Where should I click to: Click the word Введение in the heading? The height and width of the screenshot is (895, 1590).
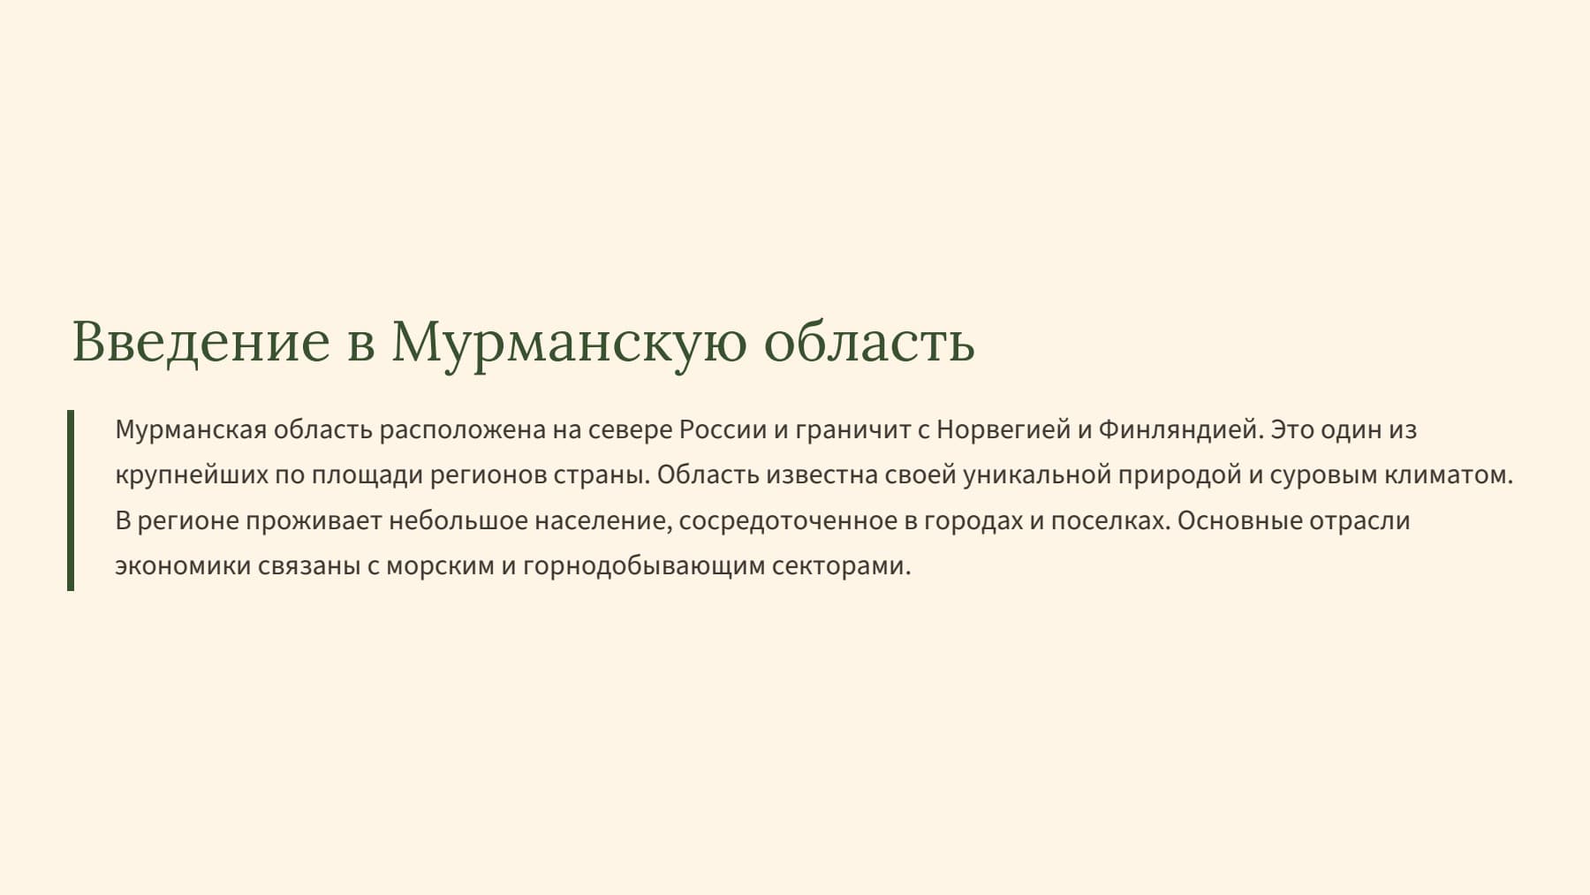[x=201, y=342]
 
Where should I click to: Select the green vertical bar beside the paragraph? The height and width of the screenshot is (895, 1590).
[x=71, y=500]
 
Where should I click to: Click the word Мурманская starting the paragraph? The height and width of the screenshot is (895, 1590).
[x=191, y=430]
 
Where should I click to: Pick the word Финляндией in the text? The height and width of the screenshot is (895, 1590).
[x=1180, y=430]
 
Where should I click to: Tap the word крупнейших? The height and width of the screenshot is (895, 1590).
[x=191, y=476]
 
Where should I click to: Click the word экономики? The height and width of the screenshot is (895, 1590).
[x=183, y=566]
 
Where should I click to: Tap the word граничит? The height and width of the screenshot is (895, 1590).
[x=852, y=430]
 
